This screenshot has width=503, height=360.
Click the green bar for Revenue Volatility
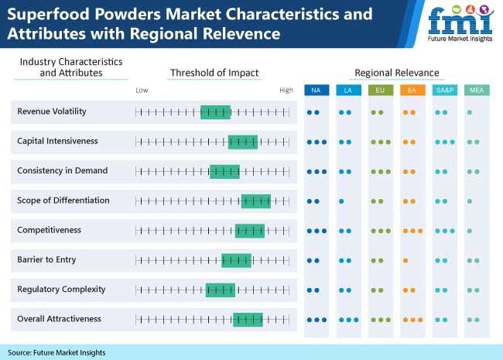click(x=215, y=112)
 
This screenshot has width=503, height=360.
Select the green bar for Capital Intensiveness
click(x=242, y=142)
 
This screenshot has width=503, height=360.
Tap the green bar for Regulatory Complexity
click(x=220, y=290)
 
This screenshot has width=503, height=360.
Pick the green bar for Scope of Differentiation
click(x=255, y=201)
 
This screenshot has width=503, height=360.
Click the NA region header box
click(x=316, y=91)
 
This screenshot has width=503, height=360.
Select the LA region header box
click(x=347, y=91)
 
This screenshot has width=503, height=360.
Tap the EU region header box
click(x=380, y=91)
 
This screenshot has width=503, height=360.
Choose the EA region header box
click(x=412, y=91)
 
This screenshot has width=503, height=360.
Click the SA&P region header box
click(x=444, y=91)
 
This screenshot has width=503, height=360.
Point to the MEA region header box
click(x=475, y=91)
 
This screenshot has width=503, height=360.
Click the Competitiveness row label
click(x=50, y=230)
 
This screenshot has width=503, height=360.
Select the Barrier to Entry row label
click(x=46, y=259)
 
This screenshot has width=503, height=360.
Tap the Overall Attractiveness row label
click(x=59, y=318)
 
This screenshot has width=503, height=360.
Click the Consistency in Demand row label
click(x=62, y=170)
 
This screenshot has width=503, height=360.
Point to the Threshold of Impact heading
click(x=214, y=73)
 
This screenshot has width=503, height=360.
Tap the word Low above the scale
click(x=142, y=91)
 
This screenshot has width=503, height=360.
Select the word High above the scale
click(x=286, y=91)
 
